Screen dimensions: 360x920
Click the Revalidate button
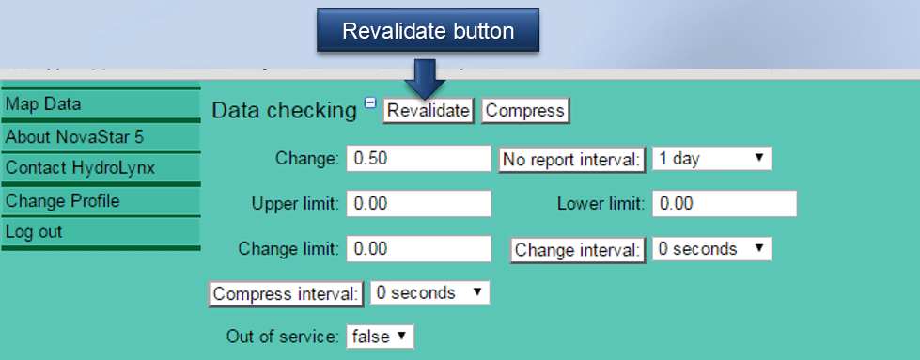click(x=429, y=111)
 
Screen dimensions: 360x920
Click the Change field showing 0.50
click(x=419, y=159)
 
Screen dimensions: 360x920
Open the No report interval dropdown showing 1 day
click(x=711, y=159)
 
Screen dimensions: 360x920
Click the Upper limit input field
click(x=419, y=203)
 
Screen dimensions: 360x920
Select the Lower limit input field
click(x=724, y=203)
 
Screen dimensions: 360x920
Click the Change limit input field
click(x=419, y=249)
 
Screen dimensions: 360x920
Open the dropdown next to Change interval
click(x=711, y=249)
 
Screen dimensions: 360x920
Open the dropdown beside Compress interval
click(x=429, y=293)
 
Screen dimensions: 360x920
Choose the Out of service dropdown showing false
click(x=380, y=337)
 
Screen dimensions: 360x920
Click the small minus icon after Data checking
click(x=370, y=103)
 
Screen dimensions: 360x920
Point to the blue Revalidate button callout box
click(x=428, y=31)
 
